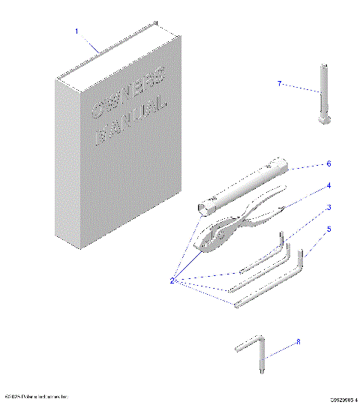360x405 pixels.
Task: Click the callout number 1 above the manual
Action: (76, 31)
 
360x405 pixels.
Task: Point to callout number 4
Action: (328, 184)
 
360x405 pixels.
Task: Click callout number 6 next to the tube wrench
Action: (328, 163)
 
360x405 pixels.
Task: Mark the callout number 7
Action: (280, 83)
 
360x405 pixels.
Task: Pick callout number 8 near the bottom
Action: (298, 341)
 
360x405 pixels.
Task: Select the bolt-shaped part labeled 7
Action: (322, 97)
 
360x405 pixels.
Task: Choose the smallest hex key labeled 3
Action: (262, 259)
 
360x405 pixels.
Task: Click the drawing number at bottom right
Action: (343, 399)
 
